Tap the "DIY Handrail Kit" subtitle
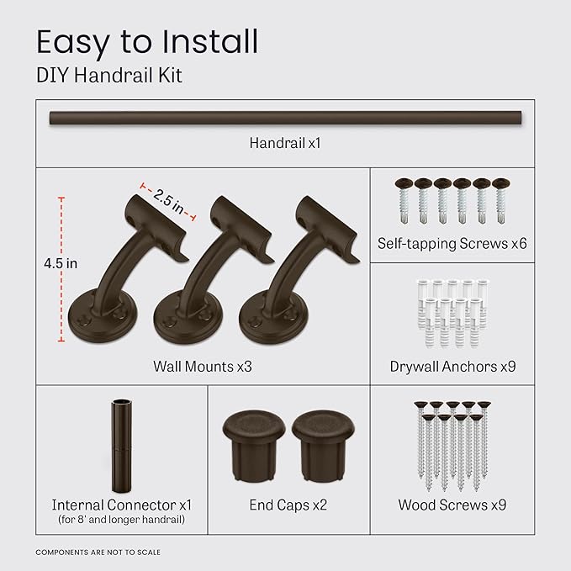[108, 76]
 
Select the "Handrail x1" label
[285, 143]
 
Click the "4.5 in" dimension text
[61, 262]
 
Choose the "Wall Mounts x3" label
[203, 367]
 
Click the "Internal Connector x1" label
[122, 505]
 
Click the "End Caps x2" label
[288, 505]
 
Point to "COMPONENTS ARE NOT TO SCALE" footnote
[98, 552]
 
